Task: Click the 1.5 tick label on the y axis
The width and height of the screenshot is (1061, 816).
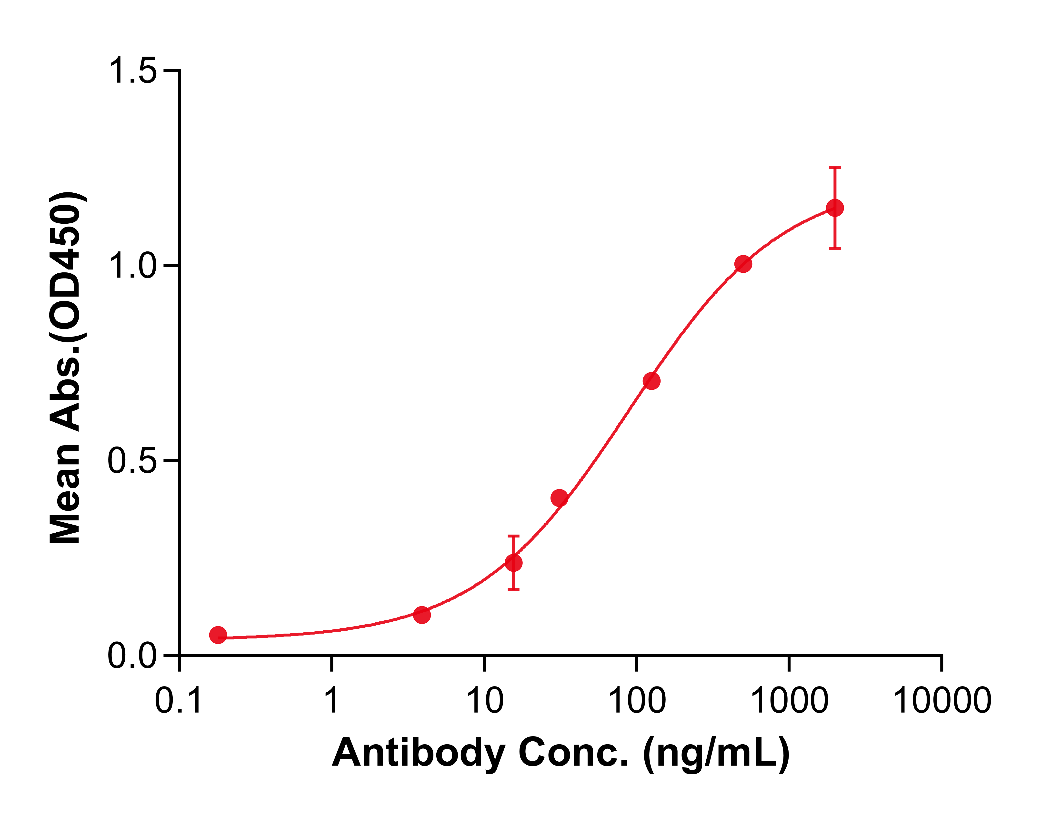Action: click(x=132, y=71)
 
